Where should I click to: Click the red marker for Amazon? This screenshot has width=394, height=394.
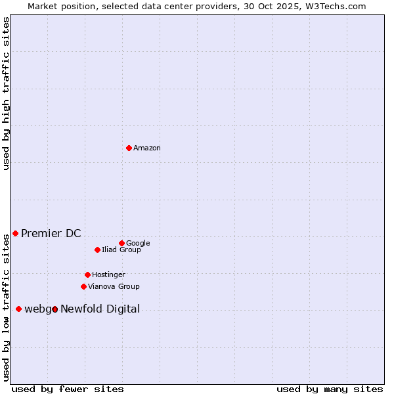tap(129, 148)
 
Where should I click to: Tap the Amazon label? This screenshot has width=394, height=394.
tap(147, 148)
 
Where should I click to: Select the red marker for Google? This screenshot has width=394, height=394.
tap(121, 243)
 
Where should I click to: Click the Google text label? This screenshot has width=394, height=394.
tap(138, 244)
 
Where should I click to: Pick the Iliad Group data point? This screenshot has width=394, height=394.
tap(97, 250)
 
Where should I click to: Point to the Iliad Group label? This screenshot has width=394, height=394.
tap(121, 250)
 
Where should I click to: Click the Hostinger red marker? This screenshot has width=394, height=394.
tap(87, 274)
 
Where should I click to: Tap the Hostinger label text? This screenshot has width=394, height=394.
tap(108, 275)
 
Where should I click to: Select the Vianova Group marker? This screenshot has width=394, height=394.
tap(83, 286)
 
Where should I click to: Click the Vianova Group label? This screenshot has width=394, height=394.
tap(114, 287)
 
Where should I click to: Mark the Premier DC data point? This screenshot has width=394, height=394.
tap(15, 233)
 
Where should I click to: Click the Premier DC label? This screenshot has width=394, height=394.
tap(51, 234)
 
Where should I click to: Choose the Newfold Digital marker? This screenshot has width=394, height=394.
tap(55, 309)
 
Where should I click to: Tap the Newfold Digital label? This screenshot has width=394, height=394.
tap(100, 309)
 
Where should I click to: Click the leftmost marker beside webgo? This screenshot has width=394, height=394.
tap(18, 309)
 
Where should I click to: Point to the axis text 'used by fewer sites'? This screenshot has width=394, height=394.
tap(68, 389)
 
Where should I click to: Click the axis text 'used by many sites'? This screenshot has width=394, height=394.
tap(330, 389)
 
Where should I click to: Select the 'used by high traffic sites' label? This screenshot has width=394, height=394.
tap(7, 93)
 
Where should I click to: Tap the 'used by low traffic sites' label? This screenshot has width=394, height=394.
tap(7, 307)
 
